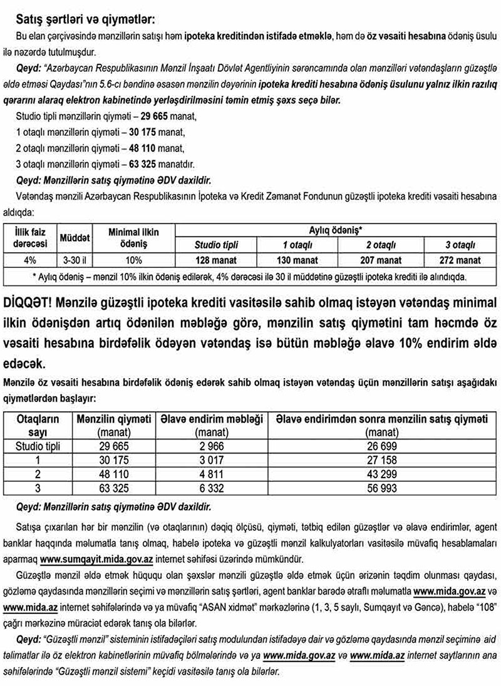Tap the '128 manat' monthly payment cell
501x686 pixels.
[216, 260]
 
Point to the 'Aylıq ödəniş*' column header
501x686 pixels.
[335, 230]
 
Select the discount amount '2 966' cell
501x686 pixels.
[211, 446]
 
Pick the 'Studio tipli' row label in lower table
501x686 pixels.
[38, 446]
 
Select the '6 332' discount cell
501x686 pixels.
[211, 487]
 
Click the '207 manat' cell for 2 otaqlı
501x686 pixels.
[380, 260]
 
